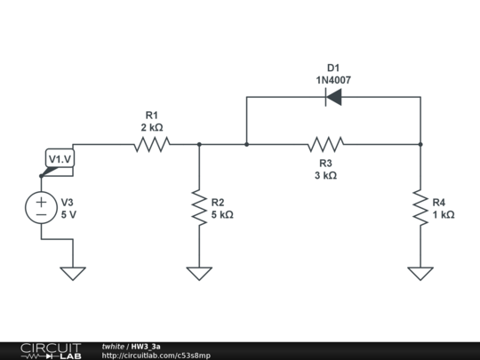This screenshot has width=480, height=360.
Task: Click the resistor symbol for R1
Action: pos(152,144)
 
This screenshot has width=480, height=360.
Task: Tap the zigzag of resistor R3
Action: pos(326,144)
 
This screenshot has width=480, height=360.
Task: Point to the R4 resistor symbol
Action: pos(420,208)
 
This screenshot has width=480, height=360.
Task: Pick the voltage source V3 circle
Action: pos(41,208)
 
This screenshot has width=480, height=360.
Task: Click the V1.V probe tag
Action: pos(60,159)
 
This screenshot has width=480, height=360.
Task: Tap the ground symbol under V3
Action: pos(73,273)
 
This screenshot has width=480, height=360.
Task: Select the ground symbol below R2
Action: pos(199,273)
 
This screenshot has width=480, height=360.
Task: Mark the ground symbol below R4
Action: pos(420,273)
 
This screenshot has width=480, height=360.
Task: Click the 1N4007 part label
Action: pos(333,80)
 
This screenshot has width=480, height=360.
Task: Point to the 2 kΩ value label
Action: pos(152,127)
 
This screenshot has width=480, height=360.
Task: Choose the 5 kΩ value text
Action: pos(222,215)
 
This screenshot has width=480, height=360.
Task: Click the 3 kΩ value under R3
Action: pos(325,176)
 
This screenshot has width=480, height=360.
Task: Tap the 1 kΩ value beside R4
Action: pos(443,215)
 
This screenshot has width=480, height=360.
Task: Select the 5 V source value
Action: pos(68,215)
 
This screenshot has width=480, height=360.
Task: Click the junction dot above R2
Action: pos(199,144)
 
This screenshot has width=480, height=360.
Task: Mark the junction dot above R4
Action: pos(420,144)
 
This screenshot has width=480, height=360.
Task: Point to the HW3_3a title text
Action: pos(146,346)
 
